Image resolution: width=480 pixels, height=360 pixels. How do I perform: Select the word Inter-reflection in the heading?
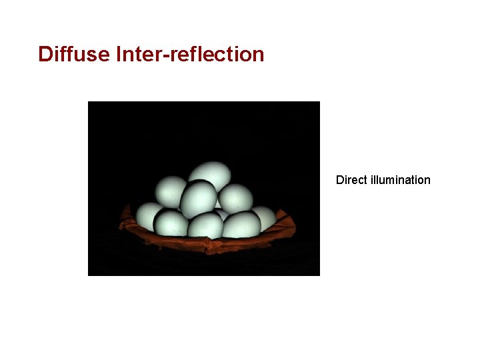point(190,54)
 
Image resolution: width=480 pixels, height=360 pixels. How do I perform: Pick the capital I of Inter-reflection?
point(118,54)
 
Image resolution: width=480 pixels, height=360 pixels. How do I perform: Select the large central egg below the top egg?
point(199,198)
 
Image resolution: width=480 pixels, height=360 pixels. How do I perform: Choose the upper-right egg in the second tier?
point(235,198)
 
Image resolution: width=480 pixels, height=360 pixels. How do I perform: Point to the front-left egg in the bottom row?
point(171,223)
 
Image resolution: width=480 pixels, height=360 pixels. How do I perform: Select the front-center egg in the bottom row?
point(205,225)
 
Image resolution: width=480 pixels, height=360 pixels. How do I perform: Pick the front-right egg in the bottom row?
point(241,224)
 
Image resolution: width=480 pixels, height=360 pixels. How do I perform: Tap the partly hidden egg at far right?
point(265,217)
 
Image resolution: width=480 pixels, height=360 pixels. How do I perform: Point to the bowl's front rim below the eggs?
point(207,245)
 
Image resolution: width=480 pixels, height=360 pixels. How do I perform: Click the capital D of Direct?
point(340,180)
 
